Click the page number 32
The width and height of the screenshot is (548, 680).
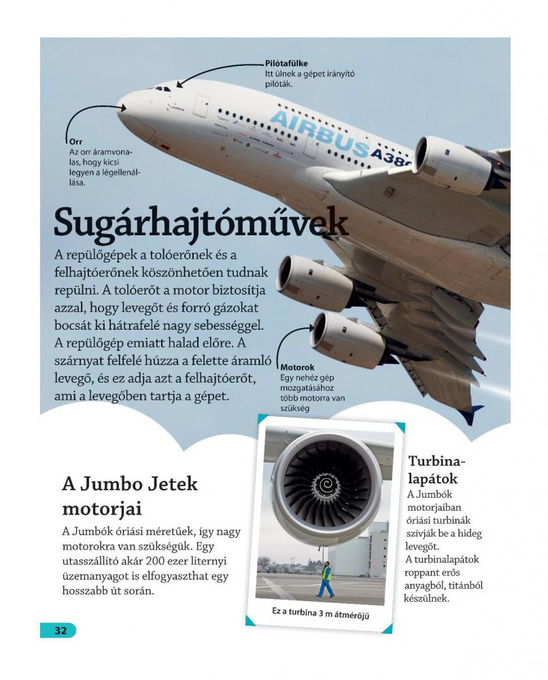click(x=61, y=630)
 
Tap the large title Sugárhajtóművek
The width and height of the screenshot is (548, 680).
click(x=201, y=222)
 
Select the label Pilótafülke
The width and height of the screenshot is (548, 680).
click(x=286, y=63)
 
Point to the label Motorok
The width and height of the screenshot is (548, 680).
click(x=297, y=367)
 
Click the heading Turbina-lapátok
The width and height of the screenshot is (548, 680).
click(x=437, y=469)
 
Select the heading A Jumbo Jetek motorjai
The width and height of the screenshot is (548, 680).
click(x=129, y=496)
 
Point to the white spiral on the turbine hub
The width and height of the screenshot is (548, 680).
click(x=326, y=485)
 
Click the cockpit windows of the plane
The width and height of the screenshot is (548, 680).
click(x=162, y=88)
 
